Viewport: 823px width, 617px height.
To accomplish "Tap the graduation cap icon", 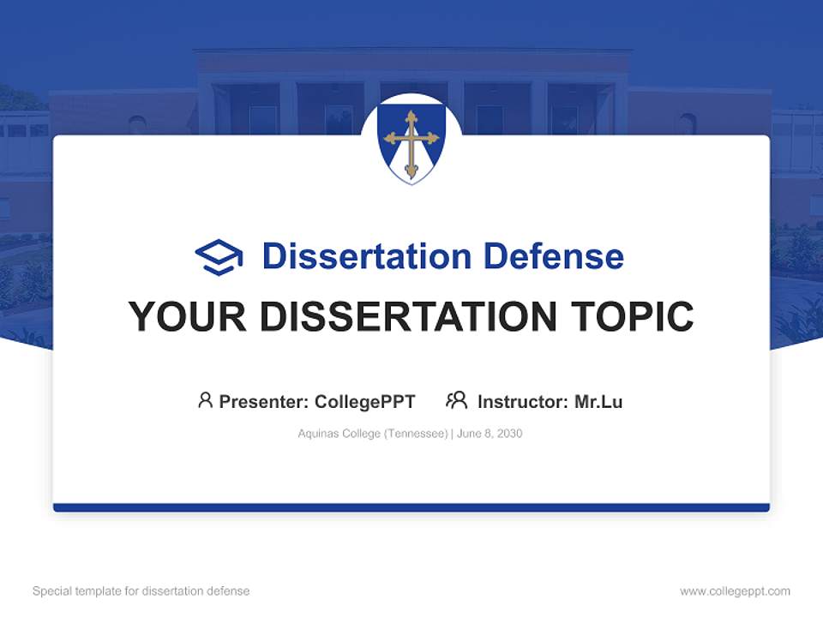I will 219,257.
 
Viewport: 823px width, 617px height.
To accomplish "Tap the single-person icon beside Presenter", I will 205,400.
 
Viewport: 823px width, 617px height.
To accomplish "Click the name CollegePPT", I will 365,401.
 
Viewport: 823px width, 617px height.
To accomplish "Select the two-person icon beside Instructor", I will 456,400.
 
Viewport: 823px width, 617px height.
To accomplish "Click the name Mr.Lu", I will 598,401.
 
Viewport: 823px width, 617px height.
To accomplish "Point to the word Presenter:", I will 264,401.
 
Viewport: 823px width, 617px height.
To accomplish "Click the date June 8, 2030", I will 490,434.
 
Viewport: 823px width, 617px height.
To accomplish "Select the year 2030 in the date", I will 508,434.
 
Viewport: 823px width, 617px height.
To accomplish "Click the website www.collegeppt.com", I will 735,591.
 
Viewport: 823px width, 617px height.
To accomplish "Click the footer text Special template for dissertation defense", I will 141,591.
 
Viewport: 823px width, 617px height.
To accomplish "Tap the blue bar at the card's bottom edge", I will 411,507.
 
